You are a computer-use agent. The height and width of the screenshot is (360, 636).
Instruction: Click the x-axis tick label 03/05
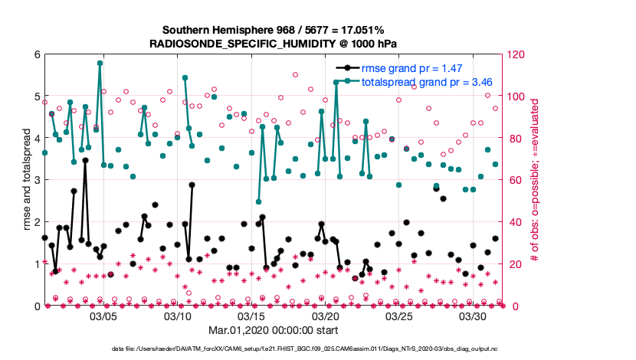(103, 316)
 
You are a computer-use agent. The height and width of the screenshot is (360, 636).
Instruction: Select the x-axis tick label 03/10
(178, 316)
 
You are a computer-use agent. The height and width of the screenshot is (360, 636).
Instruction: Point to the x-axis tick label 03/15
(251, 316)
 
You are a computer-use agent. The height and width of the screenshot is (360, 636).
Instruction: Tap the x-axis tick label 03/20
(326, 316)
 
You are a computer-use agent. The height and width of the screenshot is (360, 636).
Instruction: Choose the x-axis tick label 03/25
(399, 316)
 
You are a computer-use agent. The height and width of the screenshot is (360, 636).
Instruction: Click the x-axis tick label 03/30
(474, 316)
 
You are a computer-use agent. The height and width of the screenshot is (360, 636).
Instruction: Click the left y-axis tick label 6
(37, 55)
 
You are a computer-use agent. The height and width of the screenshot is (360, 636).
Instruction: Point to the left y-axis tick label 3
(37, 181)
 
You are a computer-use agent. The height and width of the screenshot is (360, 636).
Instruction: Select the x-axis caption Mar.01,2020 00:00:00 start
(274, 331)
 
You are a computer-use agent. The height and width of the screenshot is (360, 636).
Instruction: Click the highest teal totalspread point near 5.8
(100, 64)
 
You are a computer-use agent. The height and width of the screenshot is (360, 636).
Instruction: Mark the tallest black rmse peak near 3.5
(85, 161)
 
